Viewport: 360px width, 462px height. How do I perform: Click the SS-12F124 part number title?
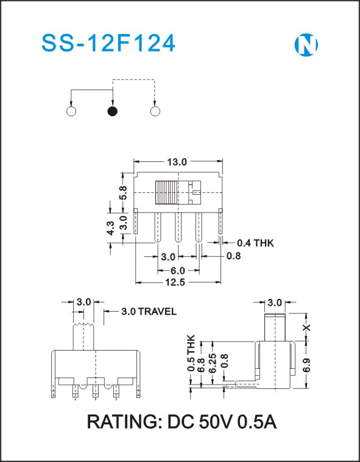(x=108, y=44)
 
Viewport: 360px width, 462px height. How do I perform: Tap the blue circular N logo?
(x=306, y=45)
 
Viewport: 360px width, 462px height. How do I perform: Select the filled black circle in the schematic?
(x=113, y=111)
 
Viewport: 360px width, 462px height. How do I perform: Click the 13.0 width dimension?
(x=177, y=161)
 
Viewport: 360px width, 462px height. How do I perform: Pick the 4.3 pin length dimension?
(x=110, y=228)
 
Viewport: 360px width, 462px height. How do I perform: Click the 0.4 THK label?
(x=255, y=243)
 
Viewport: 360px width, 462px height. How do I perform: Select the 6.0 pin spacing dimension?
(x=177, y=270)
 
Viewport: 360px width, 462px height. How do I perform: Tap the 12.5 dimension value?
(x=175, y=282)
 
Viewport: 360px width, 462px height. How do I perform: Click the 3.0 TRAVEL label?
(x=149, y=312)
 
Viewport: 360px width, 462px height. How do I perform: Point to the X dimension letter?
(x=307, y=327)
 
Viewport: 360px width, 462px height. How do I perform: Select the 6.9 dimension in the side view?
(x=307, y=365)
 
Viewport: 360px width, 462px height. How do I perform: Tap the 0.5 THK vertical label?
(x=191, y=352)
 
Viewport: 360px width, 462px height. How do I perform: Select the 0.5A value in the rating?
(x=257, y=422)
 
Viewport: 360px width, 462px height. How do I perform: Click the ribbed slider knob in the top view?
(x=166, y=193)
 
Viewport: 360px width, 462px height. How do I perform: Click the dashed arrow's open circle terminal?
(x=155, y=111)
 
